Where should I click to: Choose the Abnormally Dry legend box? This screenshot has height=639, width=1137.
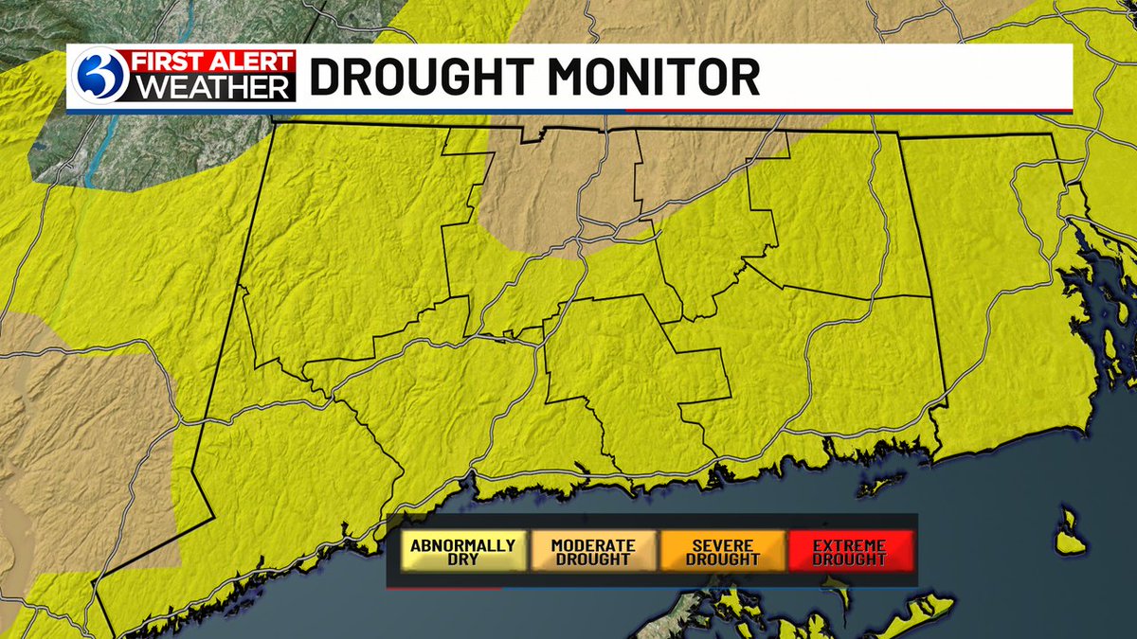[x=462, y=551]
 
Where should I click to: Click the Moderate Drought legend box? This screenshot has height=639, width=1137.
[x=592, y=551]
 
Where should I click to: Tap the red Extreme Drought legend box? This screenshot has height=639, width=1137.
[x=850, y=551]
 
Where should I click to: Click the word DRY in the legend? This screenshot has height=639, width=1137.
[x=462, y=559]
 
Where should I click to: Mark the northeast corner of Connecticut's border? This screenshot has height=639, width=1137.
[x=1053, y=135]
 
